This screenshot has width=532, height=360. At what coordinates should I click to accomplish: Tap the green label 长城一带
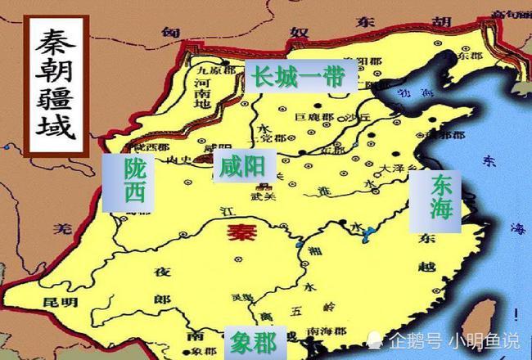point(298,77)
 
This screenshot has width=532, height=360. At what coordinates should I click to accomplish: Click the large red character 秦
point(241,232)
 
